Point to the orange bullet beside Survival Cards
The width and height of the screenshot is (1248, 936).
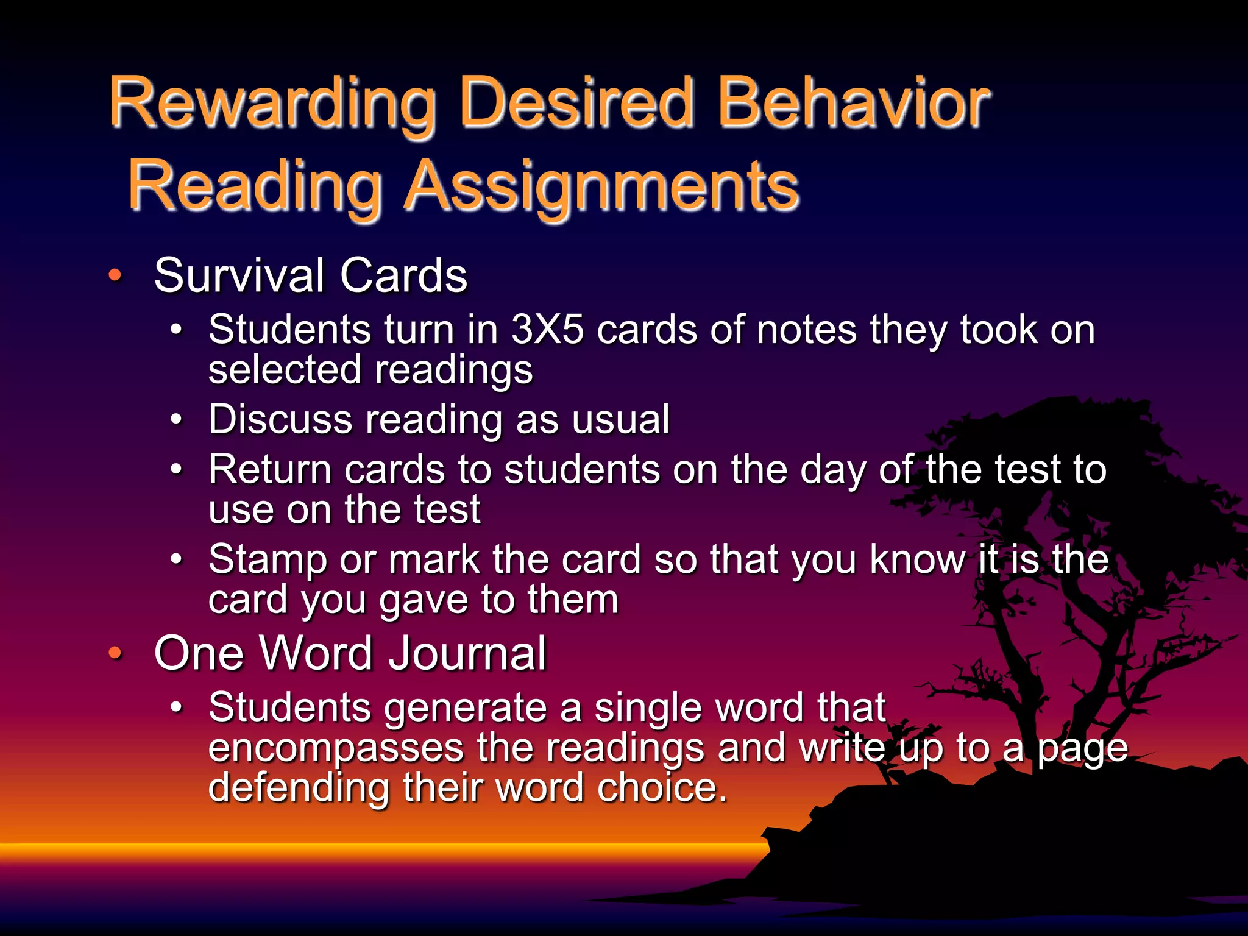[115, 275]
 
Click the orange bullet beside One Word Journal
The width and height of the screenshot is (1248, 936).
[115, 653]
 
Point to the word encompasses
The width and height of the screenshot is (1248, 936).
[336, 748]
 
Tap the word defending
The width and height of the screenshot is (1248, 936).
[299, 787]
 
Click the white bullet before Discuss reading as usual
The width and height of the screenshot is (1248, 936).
[176, 420]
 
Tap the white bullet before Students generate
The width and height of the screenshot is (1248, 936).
[176, 707]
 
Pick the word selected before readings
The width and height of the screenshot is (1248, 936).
[285, 370]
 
